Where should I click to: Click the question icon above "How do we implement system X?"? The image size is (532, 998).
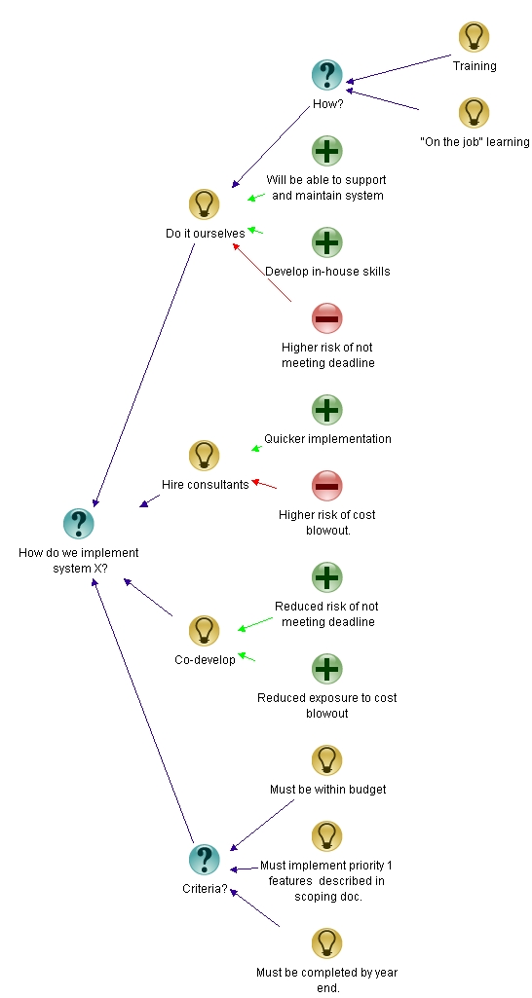[x=78, y=524]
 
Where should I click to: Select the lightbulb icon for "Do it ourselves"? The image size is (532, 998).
[x=204, y=203]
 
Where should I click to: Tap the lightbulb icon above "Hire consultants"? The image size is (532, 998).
[x=204, y=455]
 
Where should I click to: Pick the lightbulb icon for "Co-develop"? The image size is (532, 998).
[x=204, y=630]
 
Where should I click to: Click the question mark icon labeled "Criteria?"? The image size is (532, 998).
[x=204, y=859]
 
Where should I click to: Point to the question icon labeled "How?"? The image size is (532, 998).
[x=327, y=74]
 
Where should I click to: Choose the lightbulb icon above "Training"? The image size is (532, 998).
[x=474, y=37]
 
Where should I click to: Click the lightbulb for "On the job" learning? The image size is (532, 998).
[x=474, y=112]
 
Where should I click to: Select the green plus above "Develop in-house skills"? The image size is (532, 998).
[x=327, y=241]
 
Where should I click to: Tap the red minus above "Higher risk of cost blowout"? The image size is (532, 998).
[x=327, y=485]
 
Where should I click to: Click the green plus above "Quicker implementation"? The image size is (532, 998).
[x=327, y=409]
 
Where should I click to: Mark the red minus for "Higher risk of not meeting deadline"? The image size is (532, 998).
[x=327, y=317]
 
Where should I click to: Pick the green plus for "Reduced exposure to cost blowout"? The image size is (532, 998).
[x=327, y=668]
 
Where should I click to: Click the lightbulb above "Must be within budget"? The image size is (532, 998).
[x=327, y=759]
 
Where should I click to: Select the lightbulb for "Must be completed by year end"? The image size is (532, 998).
[x=327, y=943]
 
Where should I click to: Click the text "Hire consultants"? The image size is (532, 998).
[x=205, y=484]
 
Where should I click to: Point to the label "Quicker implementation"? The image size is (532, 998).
[x=327, y=439]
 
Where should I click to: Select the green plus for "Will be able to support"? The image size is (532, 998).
[x=327, y=150]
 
